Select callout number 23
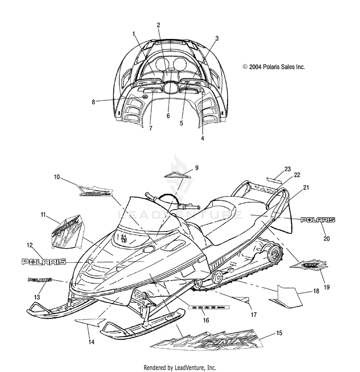coord(288,169)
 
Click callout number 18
coord(316,291)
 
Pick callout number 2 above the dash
coord(158,25)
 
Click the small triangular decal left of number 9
coord(175,175)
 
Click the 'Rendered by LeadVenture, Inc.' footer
coord(180,367)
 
